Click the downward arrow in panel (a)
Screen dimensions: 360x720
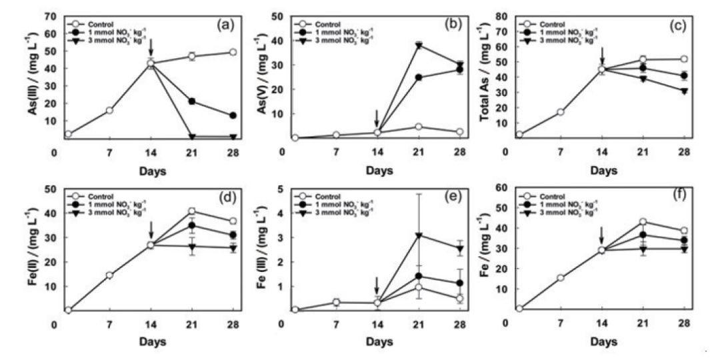151,47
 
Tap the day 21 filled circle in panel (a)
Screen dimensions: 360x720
192,101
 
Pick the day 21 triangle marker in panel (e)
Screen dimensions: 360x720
419,235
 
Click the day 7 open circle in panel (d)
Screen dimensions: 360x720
109,275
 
